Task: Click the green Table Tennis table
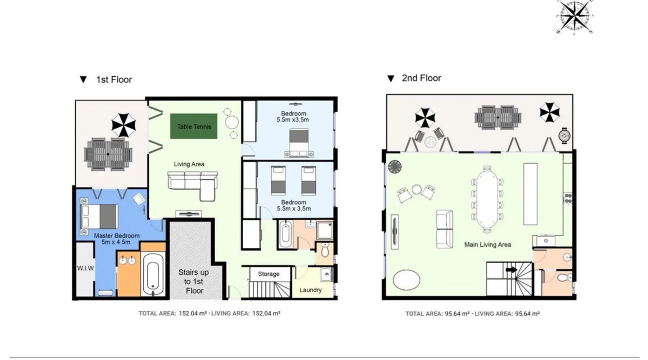[x=194, y=126]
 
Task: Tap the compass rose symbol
[x=575, y=17]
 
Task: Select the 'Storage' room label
[x=269, y=274]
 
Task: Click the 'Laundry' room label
[x=310, y=290]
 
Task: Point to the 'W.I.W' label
[x=85, y=268]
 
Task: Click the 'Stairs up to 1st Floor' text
[x=194, y=282]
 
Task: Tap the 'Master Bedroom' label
[x=117, y=235]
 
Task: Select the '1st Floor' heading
[x=114, y=80]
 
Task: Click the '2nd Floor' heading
[x=421, y=78]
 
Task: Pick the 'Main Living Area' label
[x=487, y=245]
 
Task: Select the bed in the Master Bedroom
[x=99, y=216]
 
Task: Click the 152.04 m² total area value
[x=193, y=314]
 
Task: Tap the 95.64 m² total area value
[x=457, y=314]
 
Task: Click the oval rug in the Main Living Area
[x=406, y=280]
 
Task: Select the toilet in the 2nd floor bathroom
[x=564, y=278]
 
